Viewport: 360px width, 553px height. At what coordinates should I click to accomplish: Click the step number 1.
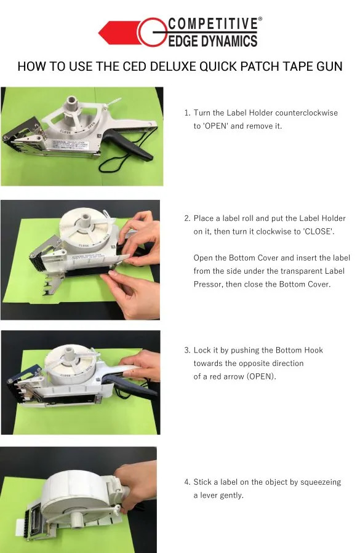(187, 113)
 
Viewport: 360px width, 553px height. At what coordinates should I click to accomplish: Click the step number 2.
(187, 218)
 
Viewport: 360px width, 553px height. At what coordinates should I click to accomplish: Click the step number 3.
(187, 350)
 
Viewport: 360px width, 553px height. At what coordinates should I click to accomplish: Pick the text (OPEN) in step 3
(261, 376)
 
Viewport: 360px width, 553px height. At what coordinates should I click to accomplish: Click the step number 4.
(187, 482)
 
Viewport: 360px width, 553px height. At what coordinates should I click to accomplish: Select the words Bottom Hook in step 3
(300, 350)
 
